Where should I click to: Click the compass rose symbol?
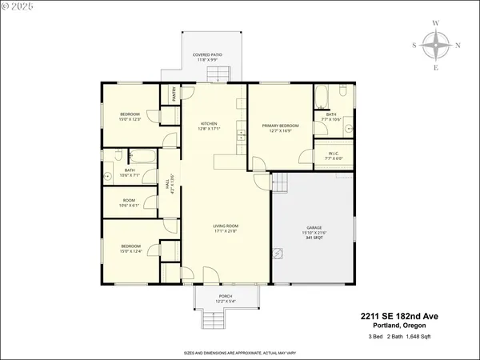pyautogui.click(x=436, y=46)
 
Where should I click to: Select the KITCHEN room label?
pyautogui.click(x=210, y=123)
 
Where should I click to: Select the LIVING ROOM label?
pyautogui.click(x=226, y=226)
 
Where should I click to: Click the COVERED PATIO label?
pyautogui.click(x=207, y=55)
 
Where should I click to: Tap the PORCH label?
pyautogui.click(x=226, y=296)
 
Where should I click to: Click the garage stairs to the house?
pyautogui.click(x=279, y=183)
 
